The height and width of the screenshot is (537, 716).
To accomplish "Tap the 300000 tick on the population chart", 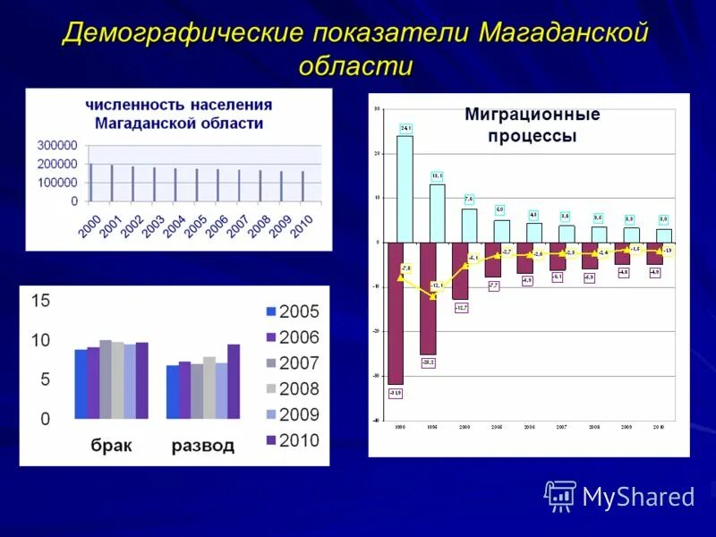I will pos(57,145).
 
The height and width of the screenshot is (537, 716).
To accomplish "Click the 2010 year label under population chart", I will pos(302,226).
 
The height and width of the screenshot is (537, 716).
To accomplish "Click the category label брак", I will pos(112,445).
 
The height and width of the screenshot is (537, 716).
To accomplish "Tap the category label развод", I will pos(203,445).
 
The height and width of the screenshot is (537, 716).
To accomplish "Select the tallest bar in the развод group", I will pos(234,381).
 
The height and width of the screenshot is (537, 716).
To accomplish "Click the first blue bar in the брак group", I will pos(81,384).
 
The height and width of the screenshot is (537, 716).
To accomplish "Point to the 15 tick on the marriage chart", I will pos(41,302).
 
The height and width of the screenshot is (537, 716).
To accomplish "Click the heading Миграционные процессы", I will pos(532,125).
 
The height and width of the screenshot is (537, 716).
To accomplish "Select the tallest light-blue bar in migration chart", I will pos(405,188).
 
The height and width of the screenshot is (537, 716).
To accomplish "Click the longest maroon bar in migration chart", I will pos(396,313).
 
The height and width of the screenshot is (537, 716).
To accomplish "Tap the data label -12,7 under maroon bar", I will pos(461,307).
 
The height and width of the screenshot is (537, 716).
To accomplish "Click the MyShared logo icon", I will pos(560,496).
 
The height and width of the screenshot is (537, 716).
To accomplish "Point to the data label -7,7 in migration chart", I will pos(493,285).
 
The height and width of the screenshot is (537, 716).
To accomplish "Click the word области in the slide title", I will pos(355,67).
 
